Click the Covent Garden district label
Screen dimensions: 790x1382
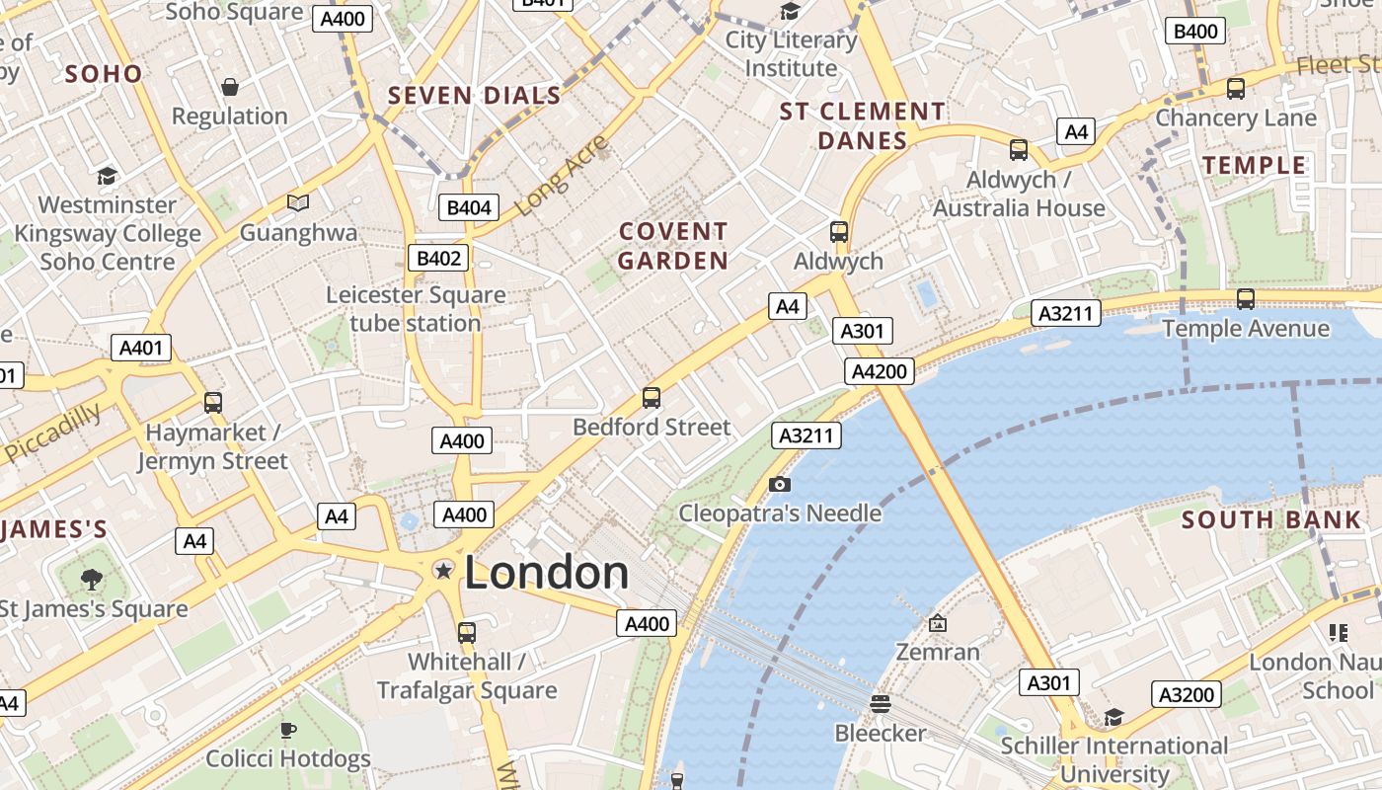click(673, 246)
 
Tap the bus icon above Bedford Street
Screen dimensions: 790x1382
click(652, 398)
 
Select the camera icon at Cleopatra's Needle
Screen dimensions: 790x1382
click(780, 484)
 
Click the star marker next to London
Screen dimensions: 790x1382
click(444, 570)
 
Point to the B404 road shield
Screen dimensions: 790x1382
click(469, 207)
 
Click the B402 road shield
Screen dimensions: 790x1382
click(438, 259)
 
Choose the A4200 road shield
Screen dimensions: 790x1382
click(880, 371)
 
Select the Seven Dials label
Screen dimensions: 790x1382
click(475, 96)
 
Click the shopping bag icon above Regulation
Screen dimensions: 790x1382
click(230, 87)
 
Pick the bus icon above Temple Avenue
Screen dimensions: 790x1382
click(1246, 298)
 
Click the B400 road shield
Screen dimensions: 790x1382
click(1195, 32)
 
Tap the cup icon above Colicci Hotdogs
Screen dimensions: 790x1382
click(288, 730)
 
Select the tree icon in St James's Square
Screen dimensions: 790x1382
click(92, 579)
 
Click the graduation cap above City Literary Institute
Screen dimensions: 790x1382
click(791, 12)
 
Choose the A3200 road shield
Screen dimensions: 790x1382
click(1186, 695)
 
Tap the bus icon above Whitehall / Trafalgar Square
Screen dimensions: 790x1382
click(467, 632)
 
